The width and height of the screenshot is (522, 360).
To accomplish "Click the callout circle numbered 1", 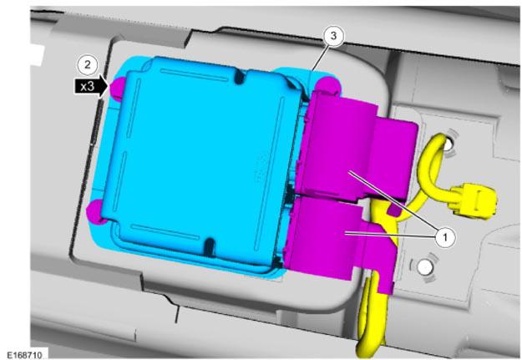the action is (445, 237).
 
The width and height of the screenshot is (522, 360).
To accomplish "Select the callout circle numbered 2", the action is (87, 64).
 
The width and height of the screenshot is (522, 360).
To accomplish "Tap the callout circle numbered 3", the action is (333, 35).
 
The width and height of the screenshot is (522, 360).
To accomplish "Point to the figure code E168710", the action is (24, 354).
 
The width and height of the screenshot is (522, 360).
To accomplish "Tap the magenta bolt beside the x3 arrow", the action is (117, 88).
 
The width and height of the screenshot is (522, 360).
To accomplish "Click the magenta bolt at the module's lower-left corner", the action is (95, 212).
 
